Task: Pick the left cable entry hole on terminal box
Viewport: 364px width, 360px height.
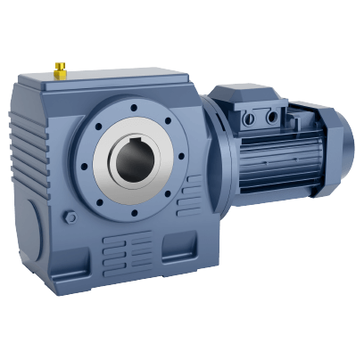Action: (x=250, y=118)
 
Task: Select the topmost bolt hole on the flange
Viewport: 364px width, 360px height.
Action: (x=134, y=109)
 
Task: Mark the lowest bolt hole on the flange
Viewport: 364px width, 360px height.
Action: (x=135, y=214)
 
